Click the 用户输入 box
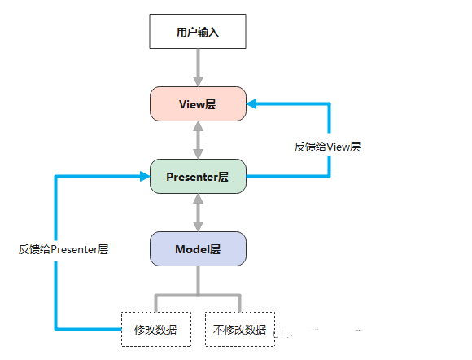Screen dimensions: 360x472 (x=198, y=33)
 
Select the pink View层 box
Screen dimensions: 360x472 (x=198, y=104)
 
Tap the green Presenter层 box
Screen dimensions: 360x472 (x=198, y=176)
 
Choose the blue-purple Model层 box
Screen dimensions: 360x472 (x=198, y=248)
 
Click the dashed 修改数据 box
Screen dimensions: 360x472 (x=156, y=329)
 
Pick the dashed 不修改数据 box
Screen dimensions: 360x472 (x=239, y=329)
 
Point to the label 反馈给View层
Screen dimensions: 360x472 (x=327, y=147)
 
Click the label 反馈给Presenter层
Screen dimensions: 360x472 (x=63, y=249)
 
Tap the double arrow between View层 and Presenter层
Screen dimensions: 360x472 (x=198, y=140)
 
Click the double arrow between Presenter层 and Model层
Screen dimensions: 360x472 (x=198, y=212)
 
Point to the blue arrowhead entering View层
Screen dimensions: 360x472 (x=252, y=104)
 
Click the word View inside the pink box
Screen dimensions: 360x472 (x=191, y=104)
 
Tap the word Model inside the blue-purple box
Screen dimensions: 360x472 (x=192, y=248)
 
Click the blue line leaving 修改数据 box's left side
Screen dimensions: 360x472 (x=90, y=329)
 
